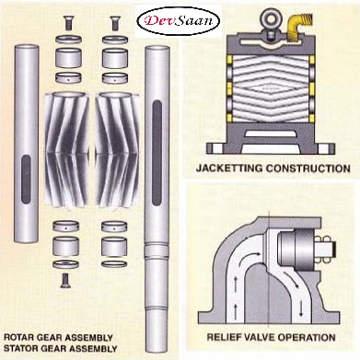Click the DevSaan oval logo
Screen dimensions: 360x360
[179, 21]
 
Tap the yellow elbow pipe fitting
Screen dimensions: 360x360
[297, 26]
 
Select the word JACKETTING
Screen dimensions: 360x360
[229, 168]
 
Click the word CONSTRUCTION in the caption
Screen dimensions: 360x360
[308, 168]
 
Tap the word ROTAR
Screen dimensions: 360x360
[18, 338]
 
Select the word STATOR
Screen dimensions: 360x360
[20, 349]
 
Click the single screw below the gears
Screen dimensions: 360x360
[64, 281]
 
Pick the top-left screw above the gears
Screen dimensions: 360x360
[68, 23]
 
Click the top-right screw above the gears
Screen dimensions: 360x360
[115, 23]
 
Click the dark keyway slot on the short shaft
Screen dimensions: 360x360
[26, 180]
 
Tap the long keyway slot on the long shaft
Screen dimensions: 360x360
[157, 153]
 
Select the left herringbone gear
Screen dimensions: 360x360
[67, 150]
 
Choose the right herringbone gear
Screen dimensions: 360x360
[117, 150]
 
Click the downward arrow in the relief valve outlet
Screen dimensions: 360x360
[301, 308]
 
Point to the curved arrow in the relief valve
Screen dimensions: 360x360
[250, 258]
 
